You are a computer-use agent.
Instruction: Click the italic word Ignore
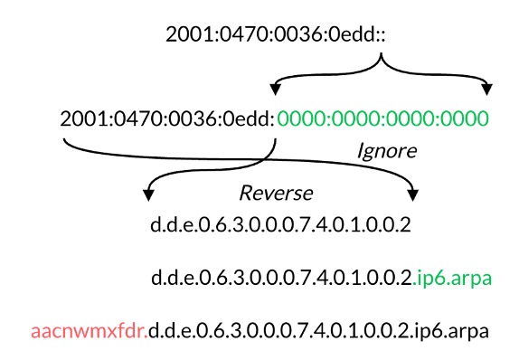[x=386, y=150]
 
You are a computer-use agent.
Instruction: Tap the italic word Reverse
[x=275, y=193]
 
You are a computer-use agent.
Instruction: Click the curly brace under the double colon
[x=381, y=65]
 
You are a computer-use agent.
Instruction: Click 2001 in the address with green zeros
[x=79, y=118]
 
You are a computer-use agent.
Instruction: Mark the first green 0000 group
[x=303, y=118]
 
